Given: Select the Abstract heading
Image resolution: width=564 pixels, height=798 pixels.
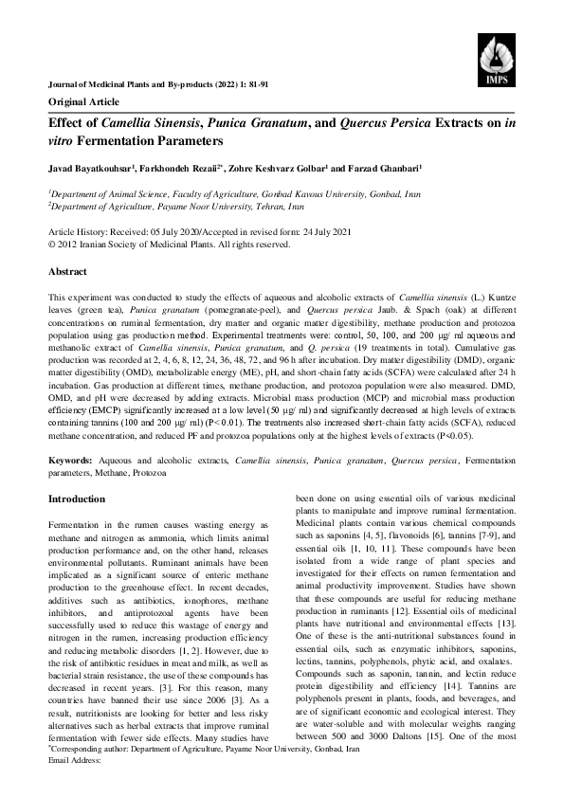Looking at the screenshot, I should [67, 271].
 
